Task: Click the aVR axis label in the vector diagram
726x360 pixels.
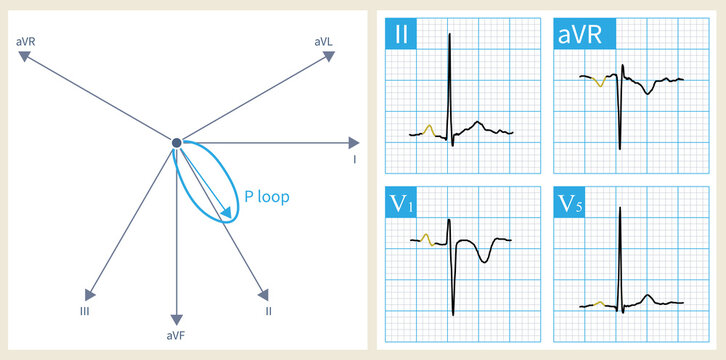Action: (x=26, y=41)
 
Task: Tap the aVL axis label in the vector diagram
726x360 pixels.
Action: (x=323, y=41)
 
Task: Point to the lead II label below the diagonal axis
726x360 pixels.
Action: (x=268, y=311)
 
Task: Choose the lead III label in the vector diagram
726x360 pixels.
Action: (x=89, y=311)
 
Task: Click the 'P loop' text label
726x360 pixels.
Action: (x=267, y=197)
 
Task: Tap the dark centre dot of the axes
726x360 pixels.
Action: (x=176, y=143)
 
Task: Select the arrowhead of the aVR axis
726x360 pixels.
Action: (x=27, y=57)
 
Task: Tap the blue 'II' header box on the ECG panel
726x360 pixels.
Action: (x=400, y=36)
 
